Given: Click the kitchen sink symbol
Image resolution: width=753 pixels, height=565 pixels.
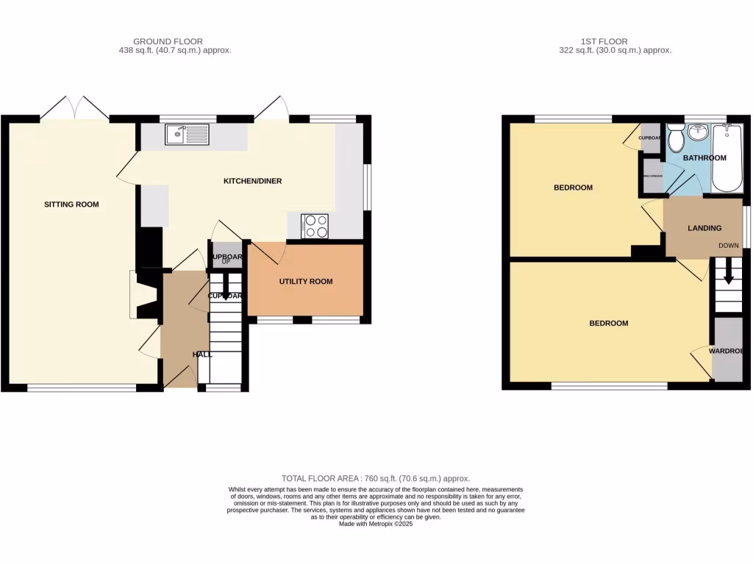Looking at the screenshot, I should [187, 134].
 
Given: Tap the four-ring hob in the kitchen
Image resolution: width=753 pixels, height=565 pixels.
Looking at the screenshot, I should [315, 226].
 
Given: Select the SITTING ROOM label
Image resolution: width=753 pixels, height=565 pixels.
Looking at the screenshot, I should [71, 205].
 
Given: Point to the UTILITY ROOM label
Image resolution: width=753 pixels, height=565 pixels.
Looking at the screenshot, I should [305, 282].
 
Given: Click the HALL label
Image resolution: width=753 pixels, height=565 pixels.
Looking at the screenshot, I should [202, 355].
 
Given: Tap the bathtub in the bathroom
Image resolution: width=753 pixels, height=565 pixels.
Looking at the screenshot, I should [727, 157].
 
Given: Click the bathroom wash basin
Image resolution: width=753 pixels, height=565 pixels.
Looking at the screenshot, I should [698, 133].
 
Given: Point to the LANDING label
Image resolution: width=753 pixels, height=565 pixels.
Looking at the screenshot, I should [704, 228].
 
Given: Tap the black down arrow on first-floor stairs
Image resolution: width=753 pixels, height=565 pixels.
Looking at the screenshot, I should [728, 276].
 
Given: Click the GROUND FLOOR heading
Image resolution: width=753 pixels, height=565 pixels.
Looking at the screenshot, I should [168, 41].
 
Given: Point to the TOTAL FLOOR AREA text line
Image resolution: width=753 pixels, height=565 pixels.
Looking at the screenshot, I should [376, 478].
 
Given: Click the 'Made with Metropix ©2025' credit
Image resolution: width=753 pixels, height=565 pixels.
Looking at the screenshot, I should [376, 524].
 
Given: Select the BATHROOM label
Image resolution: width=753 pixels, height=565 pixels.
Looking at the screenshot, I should [704, 158].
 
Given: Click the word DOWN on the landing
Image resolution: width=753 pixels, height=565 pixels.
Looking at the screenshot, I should [729, 246].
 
